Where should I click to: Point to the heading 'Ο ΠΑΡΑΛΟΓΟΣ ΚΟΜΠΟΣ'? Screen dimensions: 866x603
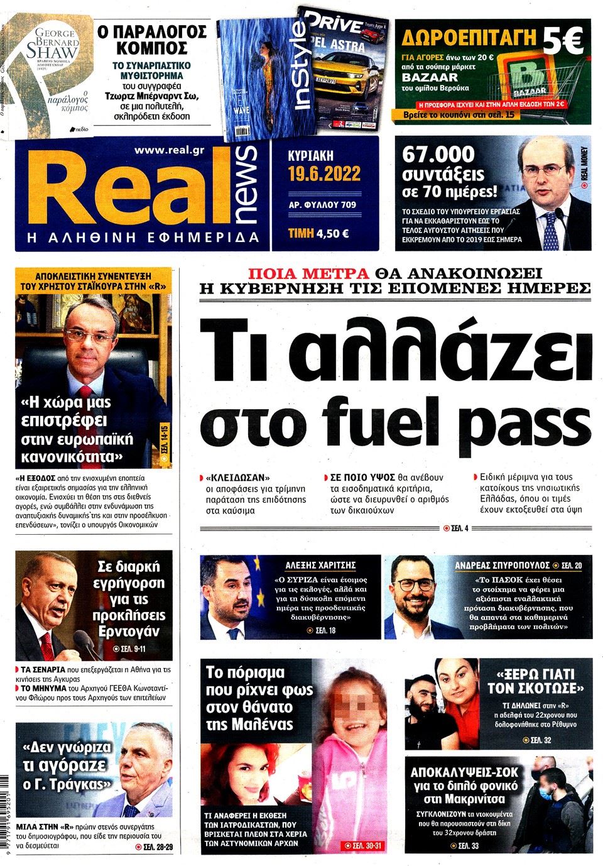pos(152,40)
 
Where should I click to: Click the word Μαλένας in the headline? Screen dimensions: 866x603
pos(259,724)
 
